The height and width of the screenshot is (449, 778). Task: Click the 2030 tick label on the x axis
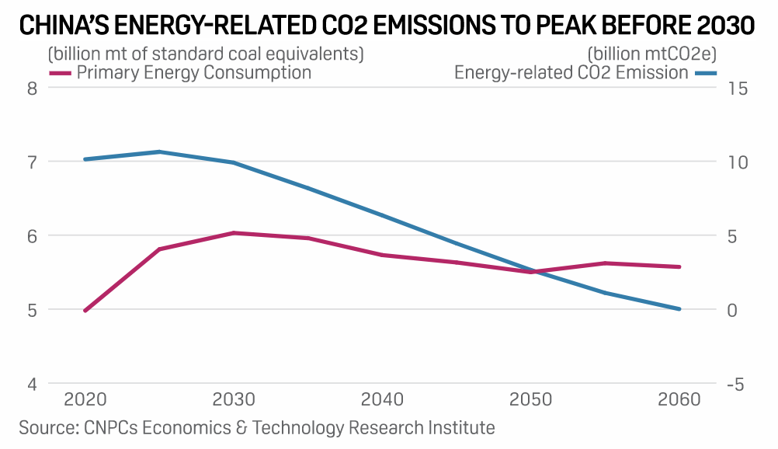pos(234,400)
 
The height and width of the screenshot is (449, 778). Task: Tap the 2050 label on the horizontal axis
pos(531,400)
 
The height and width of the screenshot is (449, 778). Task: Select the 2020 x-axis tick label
pos(85,400)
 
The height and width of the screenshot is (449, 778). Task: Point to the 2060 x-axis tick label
pos(679,400)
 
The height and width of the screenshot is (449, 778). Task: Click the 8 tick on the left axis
pos(33,88)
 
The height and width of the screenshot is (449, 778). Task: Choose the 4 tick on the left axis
pos(33,384)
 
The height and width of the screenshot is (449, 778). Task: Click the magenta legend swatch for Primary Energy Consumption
pos(61,73)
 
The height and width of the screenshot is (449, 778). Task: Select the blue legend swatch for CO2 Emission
pos(705,73)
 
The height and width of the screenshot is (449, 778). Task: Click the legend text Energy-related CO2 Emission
pos(571,73)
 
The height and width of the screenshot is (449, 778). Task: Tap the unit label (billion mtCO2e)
pos(651,54)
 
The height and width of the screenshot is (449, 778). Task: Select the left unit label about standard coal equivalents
pos(206,54)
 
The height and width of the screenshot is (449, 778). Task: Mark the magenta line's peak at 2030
pos(234,233)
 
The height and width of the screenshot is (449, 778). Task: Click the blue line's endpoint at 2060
pos(679,309)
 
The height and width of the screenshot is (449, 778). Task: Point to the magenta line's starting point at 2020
pos(85,311)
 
